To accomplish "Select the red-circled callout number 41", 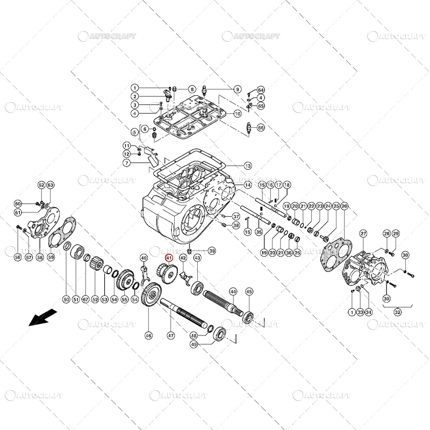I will (169, 258).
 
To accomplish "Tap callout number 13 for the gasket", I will (247, 166).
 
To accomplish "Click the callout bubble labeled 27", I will (363, 233).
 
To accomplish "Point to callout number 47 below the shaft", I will (170, 335).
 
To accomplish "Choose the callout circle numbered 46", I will (148, 335).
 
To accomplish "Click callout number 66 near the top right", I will (261, 128).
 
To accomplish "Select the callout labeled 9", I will (237, 89).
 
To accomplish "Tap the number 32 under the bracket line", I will (397, 311).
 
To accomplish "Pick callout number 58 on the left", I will (40, 257).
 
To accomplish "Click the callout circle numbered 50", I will (66, 299).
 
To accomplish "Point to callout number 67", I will (85, 299).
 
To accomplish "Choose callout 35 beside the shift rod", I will (259, 232).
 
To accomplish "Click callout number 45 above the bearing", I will (248, 292).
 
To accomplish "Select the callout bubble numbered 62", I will (41, 185).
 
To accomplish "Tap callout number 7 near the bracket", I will (126, 163).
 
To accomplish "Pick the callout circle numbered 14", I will (247, 185).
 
